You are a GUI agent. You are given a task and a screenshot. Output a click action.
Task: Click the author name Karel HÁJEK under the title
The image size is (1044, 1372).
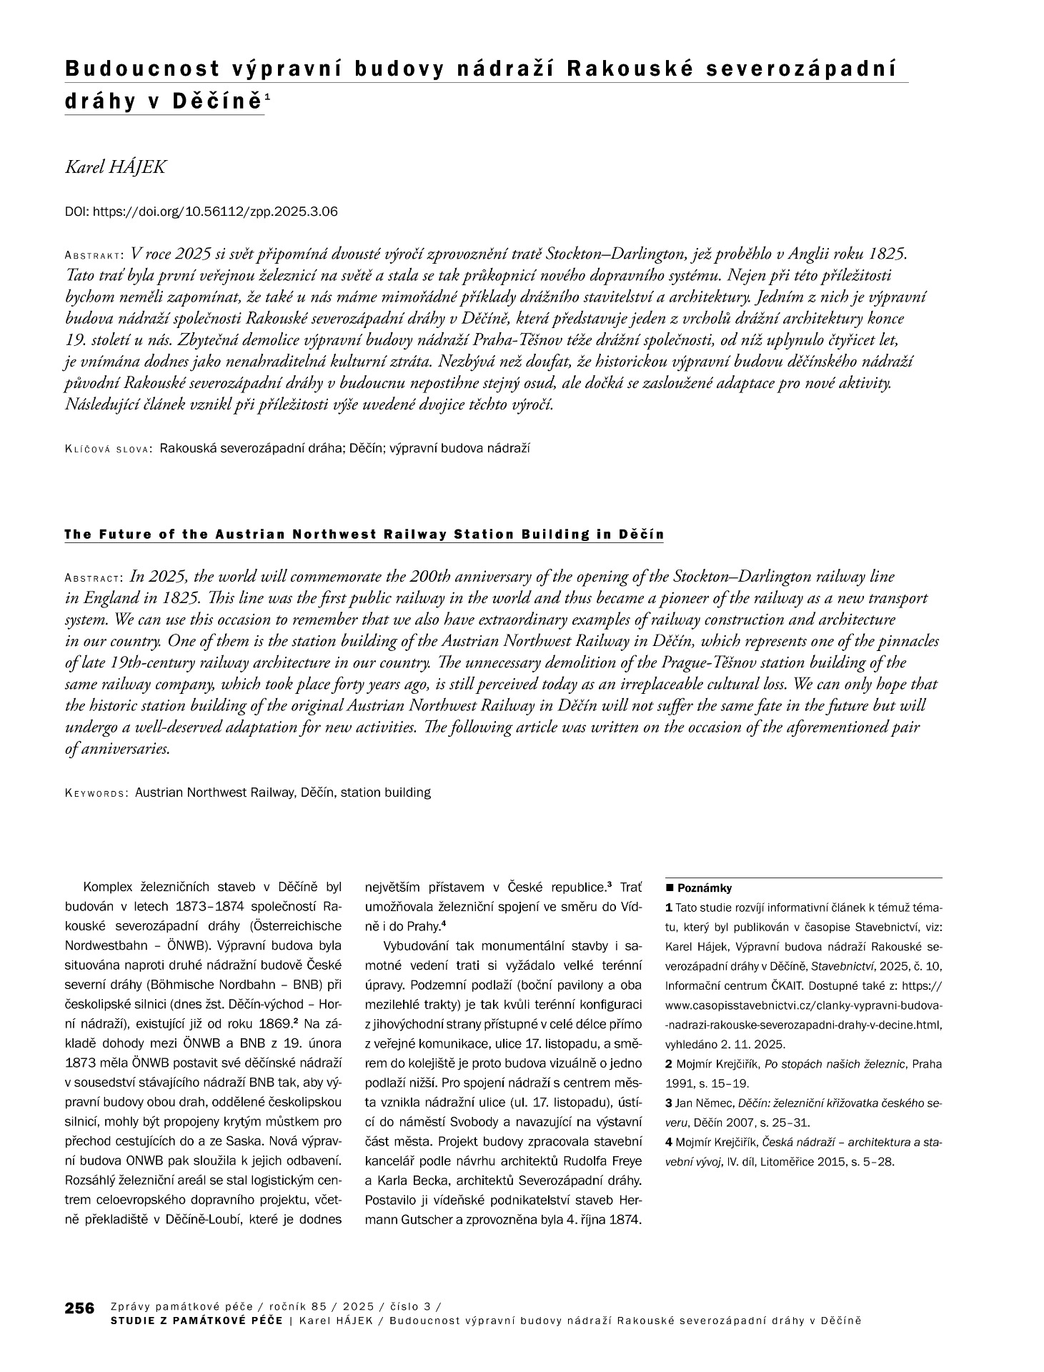coord(116,167)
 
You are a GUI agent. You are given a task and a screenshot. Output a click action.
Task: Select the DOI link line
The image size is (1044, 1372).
coord(201,212)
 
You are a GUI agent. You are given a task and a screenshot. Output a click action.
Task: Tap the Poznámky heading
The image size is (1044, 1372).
coord(705,888)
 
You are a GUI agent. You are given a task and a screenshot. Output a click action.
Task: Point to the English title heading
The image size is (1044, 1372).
coord(364,535)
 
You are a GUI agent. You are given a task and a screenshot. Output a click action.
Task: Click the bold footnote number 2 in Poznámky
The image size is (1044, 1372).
coord(669,1064)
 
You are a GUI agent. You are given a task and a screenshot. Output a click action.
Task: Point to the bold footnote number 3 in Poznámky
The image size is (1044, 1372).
coord(669,1103)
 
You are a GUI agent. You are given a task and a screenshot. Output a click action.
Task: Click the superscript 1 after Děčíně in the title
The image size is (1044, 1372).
coord(267,96)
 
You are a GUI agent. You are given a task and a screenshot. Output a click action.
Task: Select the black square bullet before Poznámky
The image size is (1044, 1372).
coord(670,888)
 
